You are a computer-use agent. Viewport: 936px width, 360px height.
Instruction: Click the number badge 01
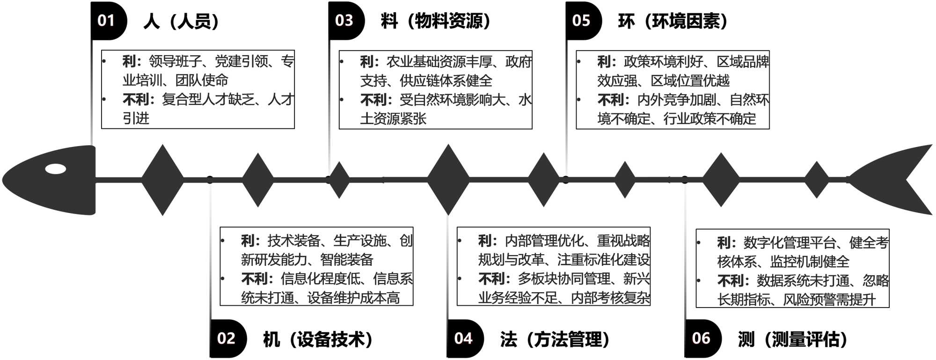click(x=106, y=21)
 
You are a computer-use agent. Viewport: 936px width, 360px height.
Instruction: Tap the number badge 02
click(x=226, y=338)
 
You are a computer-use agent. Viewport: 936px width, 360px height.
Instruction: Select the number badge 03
click(x=344, y=21)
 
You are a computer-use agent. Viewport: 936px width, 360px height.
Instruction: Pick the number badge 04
click(x=463, y=338)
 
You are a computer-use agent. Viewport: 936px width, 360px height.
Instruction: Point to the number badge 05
click(x=581, y=21)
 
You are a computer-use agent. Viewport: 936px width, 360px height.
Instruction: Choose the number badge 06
click(x=701, y=338)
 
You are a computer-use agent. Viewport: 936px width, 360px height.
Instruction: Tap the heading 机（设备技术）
click(x=318, y=339)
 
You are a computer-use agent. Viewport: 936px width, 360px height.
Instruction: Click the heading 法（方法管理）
click(x=555, y=339)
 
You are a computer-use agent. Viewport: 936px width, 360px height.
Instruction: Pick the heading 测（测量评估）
click(x=792, y=339)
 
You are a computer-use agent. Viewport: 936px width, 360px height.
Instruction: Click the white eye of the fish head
click(x=56, y=169)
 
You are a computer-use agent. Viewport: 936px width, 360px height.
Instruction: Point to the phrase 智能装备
click(x=347, y=259)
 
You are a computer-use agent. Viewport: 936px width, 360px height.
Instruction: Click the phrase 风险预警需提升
click(x=829, y=300)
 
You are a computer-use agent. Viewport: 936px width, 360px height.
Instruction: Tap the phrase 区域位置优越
click(x=690, y=81)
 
